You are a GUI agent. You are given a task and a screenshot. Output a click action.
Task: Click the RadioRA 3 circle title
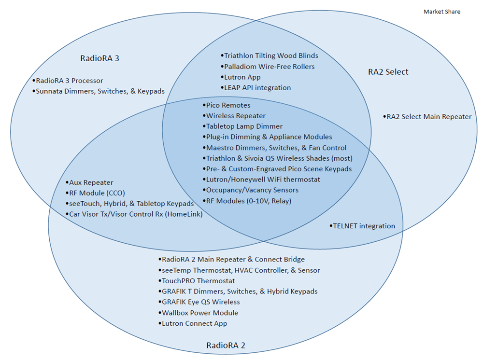tap(99, 58)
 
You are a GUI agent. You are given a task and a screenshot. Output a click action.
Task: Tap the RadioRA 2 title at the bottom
tap(226, 346)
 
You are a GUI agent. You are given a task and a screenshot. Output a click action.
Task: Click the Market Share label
tap(442, 12)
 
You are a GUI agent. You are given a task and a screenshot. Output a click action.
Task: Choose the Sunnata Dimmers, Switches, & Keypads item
tap(100, 91)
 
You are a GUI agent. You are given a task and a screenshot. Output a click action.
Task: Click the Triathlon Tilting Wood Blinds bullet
tap(271, 55)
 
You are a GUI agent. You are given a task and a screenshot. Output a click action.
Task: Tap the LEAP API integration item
tap(257, 87)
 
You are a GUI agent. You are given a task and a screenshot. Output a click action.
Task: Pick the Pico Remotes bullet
tap(228, 105)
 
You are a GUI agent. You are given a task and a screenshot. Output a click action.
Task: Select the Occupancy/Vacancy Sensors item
tap(252, 190)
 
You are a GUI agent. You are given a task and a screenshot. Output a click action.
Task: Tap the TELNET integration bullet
tap(363, 225)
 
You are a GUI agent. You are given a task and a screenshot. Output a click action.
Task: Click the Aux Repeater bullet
tap(90, 182)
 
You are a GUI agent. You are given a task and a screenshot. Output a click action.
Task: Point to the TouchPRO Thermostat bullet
tap(198, 280)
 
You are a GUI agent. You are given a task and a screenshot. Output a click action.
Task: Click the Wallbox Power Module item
tap(200, 312)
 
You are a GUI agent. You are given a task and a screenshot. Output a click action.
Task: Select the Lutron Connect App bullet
tap(194, 323)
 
